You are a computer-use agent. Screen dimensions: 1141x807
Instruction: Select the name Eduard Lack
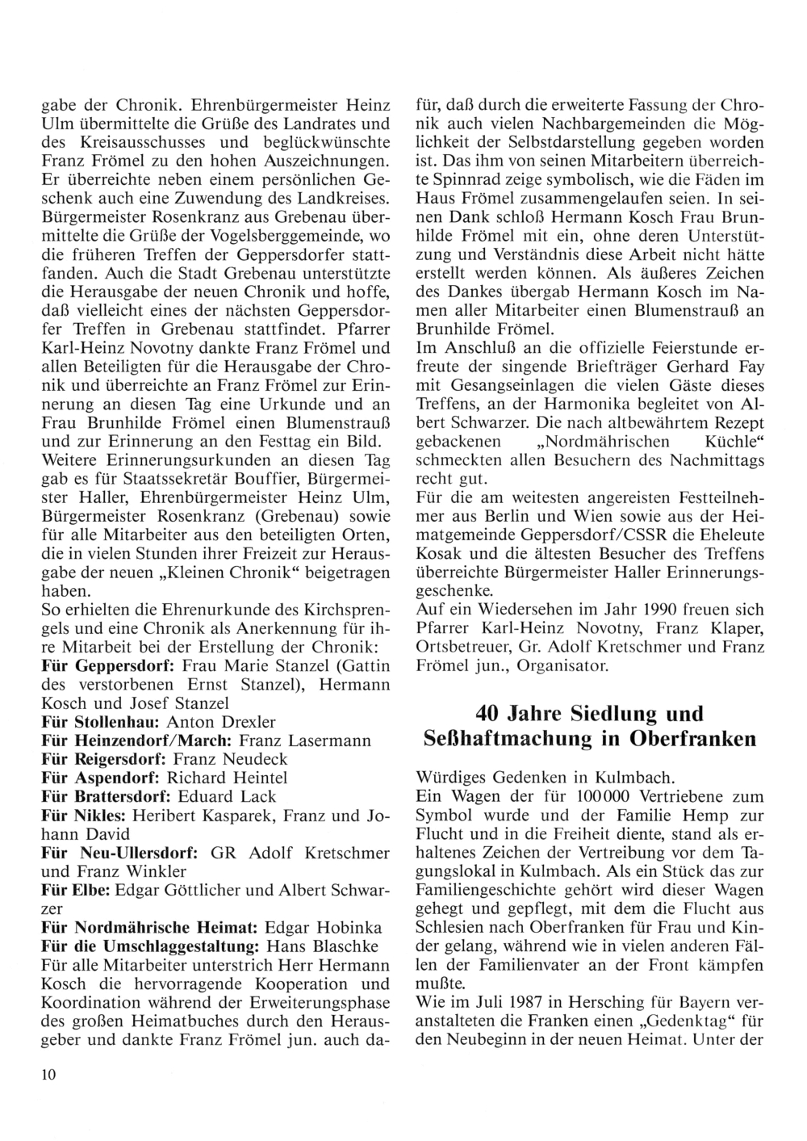point(238,796)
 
